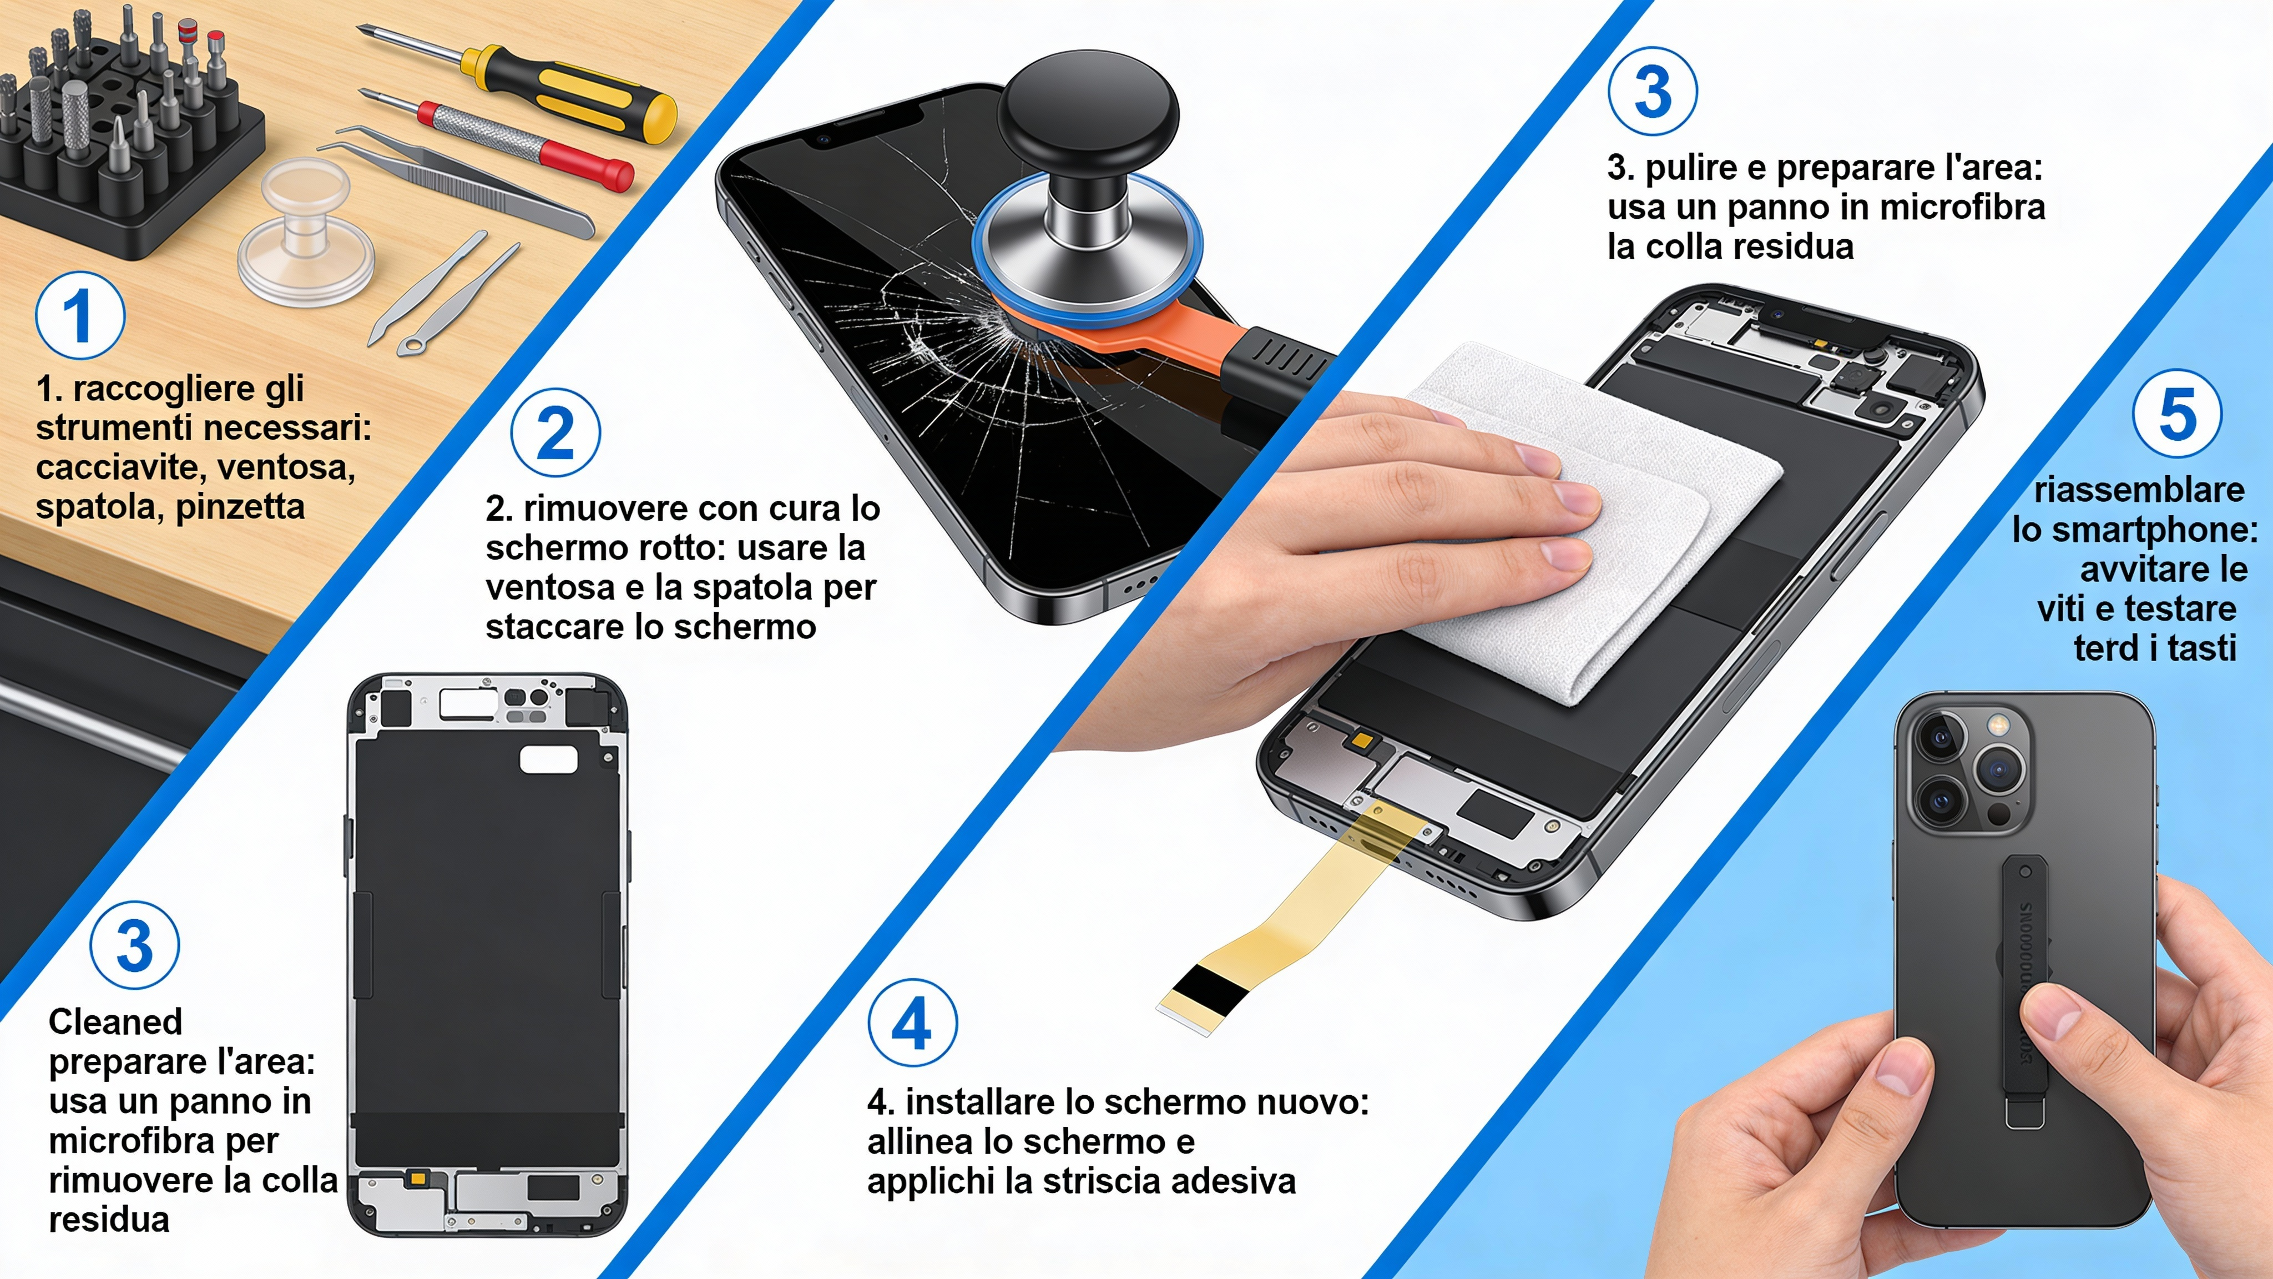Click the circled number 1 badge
coord(79,316)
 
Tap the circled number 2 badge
coord(555,432)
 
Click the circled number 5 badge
coord(2176,413)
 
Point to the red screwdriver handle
coord(587,163)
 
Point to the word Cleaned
coord(115,1022)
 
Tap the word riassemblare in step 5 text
coord(2139,490)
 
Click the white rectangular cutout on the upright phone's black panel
coord(548,759)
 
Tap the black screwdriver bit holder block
coord(133,177)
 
